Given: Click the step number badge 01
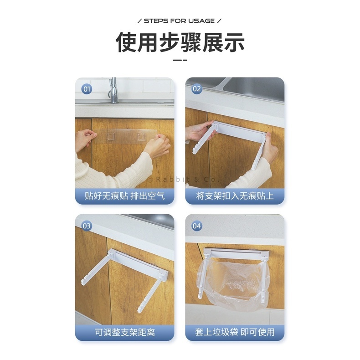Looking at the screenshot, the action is click(x=87, y=89).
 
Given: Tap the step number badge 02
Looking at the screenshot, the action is click(x=197, y=89).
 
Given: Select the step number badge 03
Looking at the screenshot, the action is click(x=87, y=226).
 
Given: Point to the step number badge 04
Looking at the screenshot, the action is click(x=197, y=226).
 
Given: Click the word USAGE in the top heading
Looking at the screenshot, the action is click(x=201, y=21).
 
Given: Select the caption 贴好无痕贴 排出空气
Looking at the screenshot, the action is click(x=125, y=196).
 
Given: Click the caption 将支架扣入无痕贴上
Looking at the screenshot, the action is click(x=235, y=196).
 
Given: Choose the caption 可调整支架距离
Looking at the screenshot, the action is click(x=125, y=332).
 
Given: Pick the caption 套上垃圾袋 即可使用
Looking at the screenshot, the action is click(x=235, y=332).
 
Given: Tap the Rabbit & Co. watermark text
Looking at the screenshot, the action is click(x=183, y=179).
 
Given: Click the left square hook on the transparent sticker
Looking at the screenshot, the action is click(x=111, y=136).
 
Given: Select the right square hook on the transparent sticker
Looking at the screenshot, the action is click(x=141, y=136).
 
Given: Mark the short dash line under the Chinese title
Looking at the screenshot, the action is click(x=180, y=60).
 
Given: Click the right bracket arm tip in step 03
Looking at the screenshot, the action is click(x=139, y=311).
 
